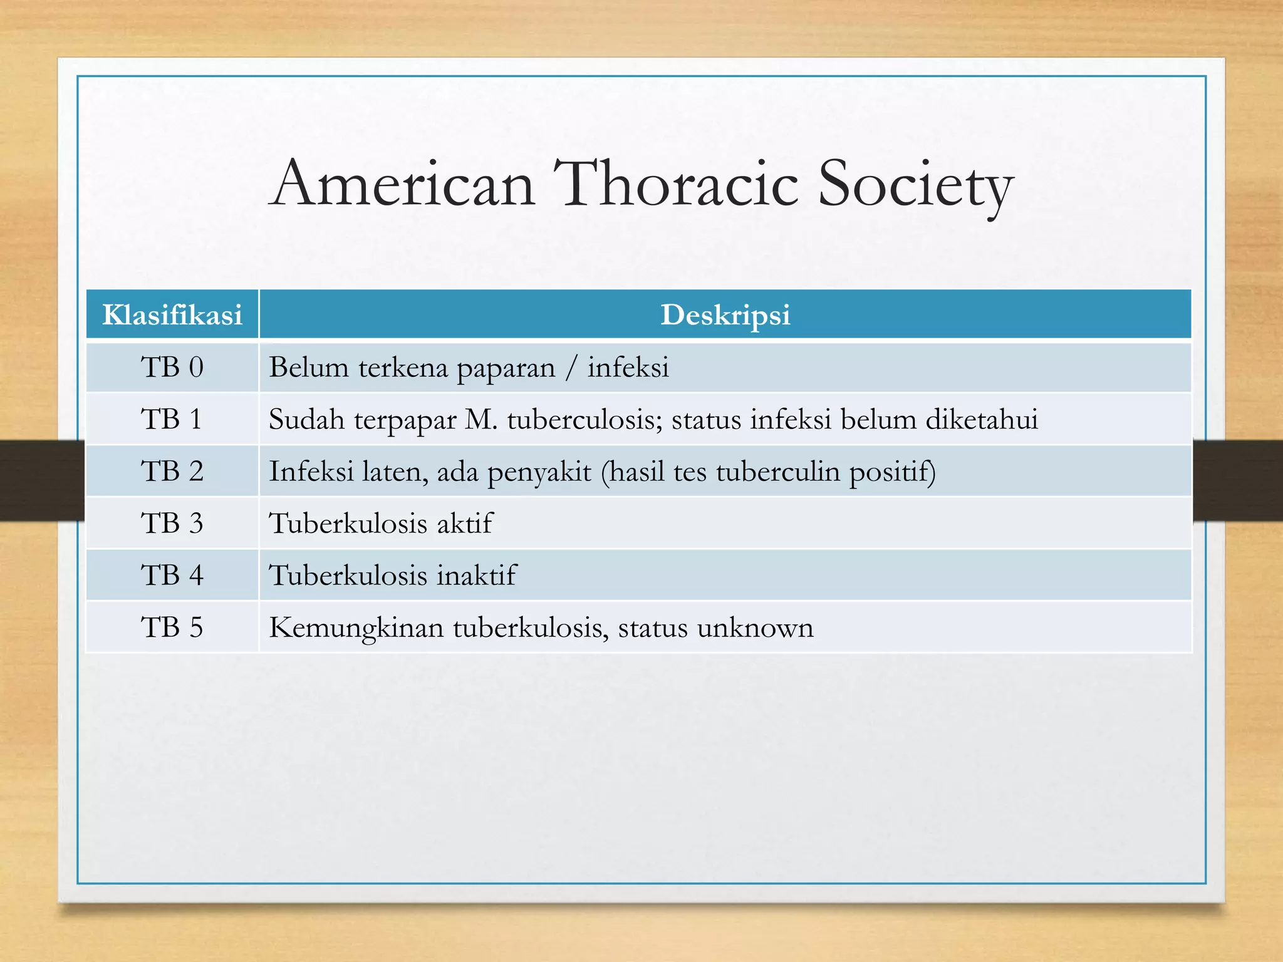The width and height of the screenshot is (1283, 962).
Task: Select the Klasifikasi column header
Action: tap(172, 314)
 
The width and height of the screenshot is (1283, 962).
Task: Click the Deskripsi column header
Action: tap(725, 314)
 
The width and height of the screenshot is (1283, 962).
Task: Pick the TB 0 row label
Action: tap(172, 367)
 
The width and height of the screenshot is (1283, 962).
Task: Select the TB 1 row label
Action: tap(172, 419)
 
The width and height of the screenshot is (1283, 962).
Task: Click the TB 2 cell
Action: tap(172, 471)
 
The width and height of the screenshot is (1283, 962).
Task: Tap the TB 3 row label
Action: tap(172, 523)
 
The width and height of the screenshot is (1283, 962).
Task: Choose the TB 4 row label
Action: tap(172, 575)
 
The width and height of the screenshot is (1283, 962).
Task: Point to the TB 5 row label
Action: tap(172, 627)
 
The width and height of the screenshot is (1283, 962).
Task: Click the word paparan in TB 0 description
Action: tap(506, 369)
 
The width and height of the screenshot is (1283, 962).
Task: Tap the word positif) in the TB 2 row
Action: tap(892, 472)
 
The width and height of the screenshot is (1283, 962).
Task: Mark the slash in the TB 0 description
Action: tap(571, 368)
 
